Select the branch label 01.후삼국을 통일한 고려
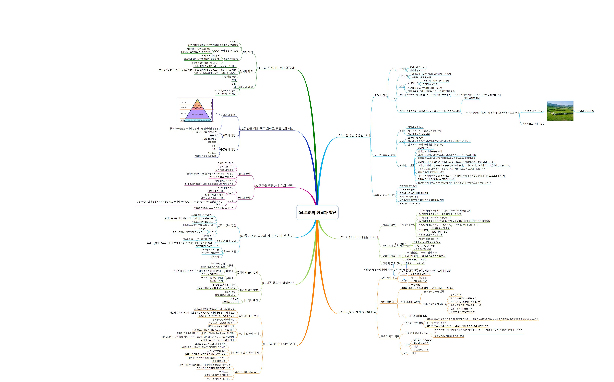coord(354,135)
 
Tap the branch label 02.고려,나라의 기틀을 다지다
coord(359,237)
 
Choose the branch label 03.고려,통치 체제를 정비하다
coord(357,312)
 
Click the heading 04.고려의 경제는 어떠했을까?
coord(276,68)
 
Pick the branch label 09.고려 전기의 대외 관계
coord(279,344)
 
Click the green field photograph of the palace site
coord(560,111)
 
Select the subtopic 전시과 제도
coord(246,71)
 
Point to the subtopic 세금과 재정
coord(246,87)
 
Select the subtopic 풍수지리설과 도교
coord(226,241)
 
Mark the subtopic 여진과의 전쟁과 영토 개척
coord(244,353)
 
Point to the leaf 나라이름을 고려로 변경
coord(534,124)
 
